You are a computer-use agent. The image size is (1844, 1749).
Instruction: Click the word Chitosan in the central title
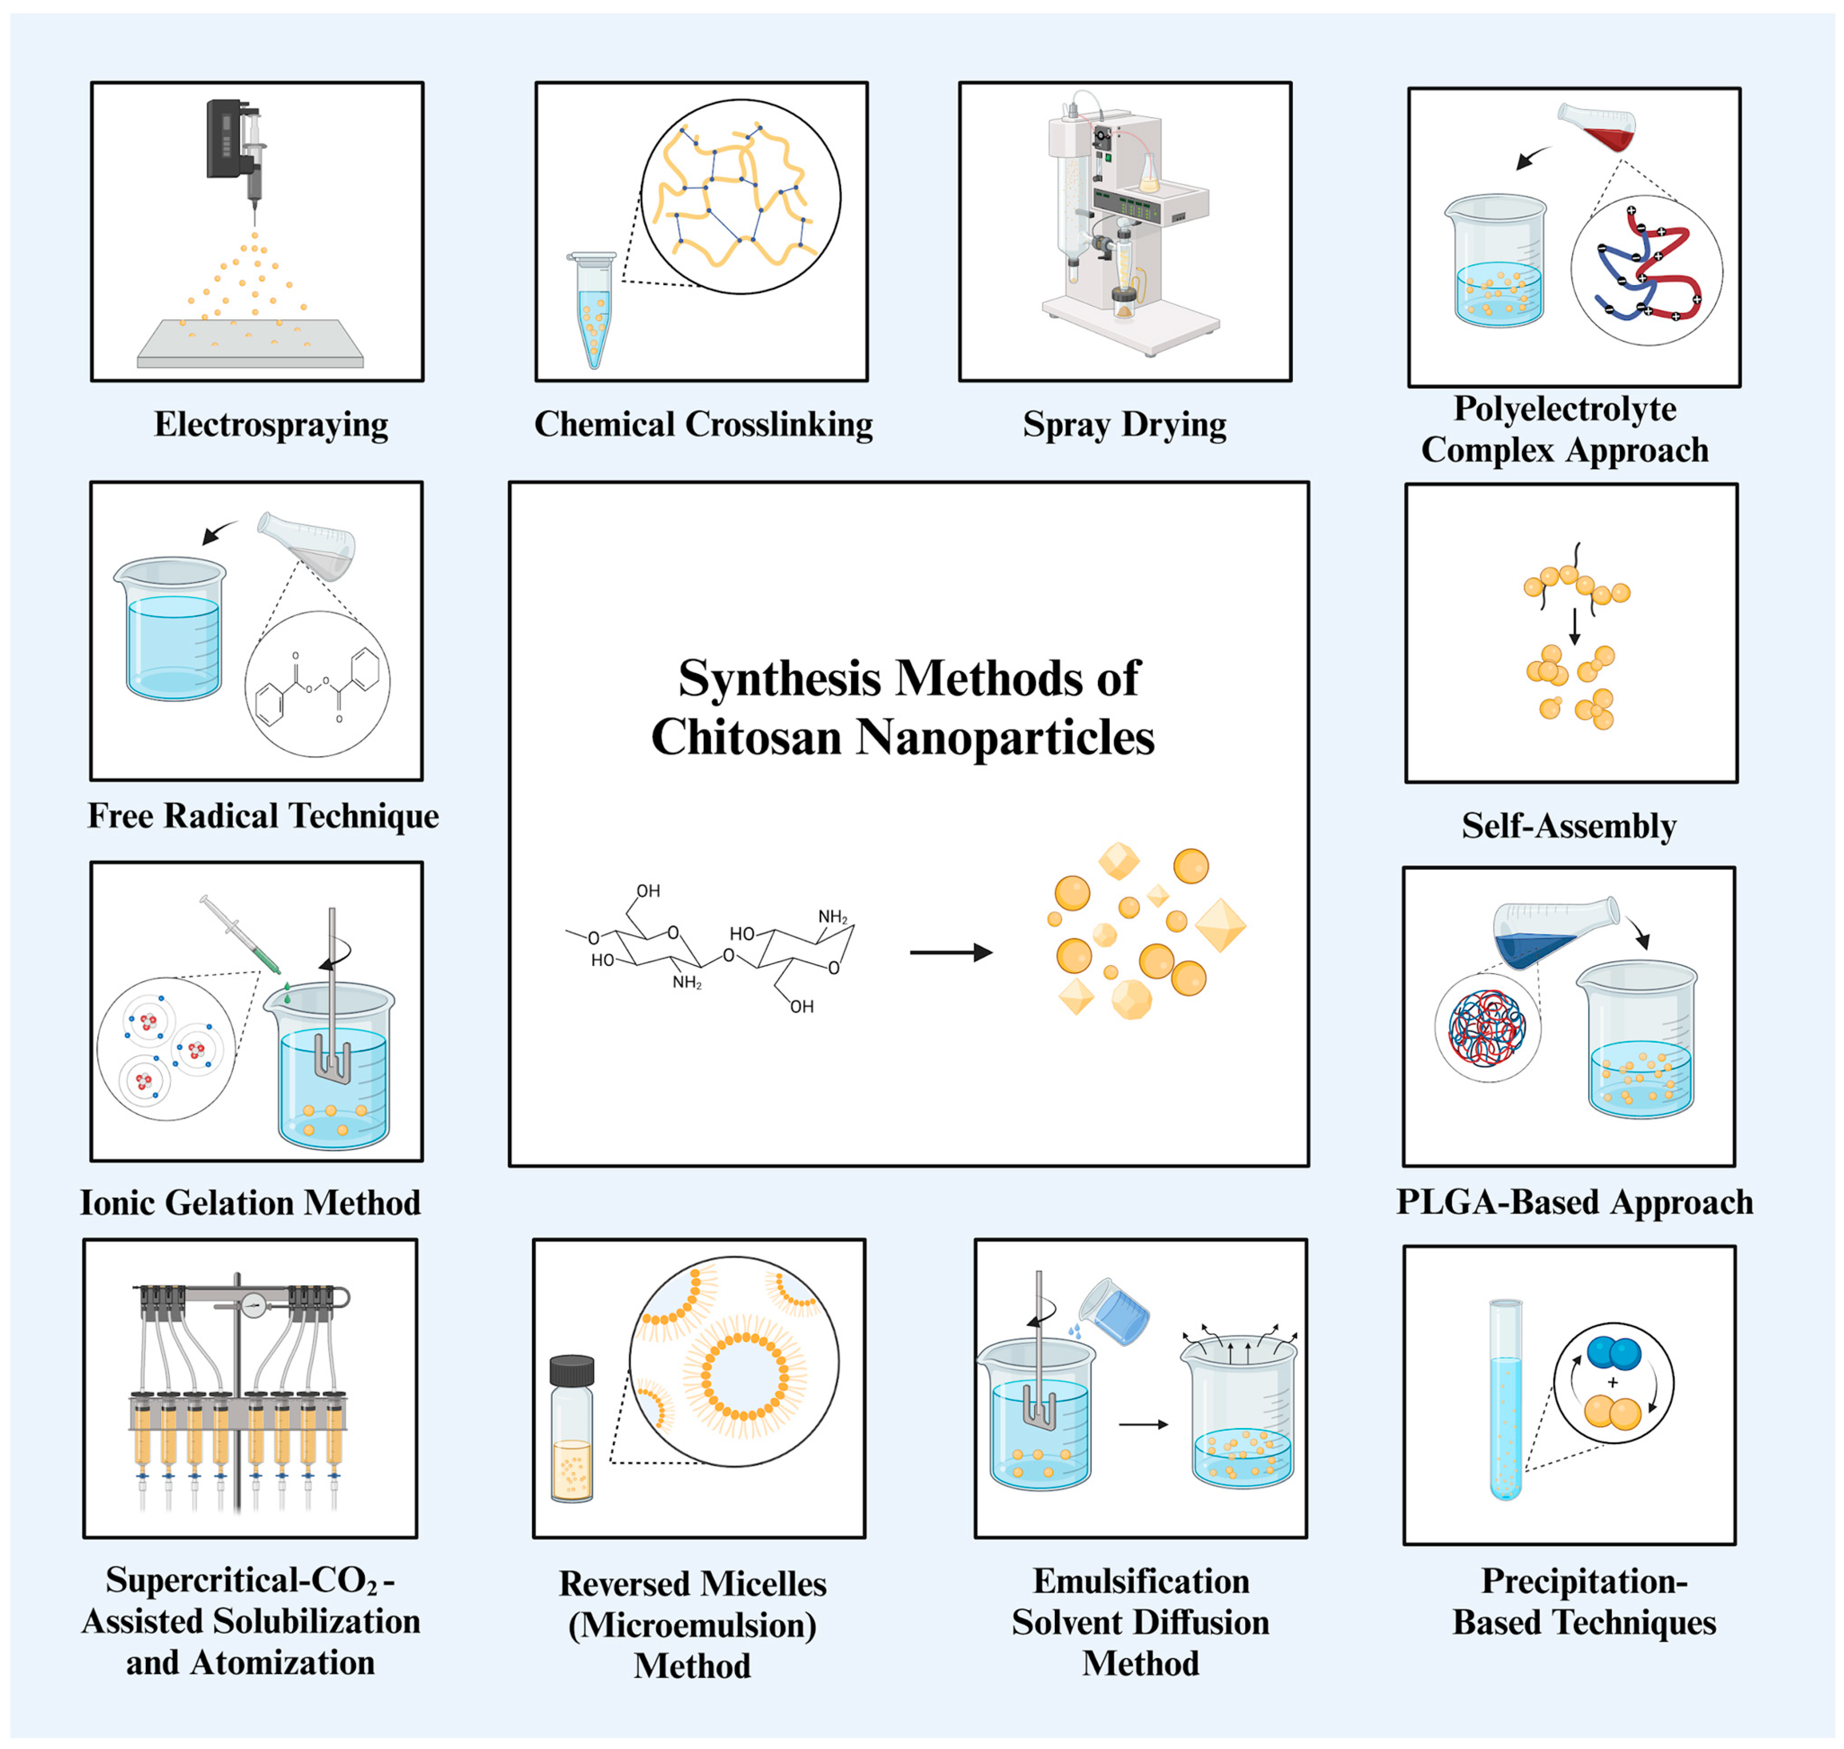(x=746, y=737)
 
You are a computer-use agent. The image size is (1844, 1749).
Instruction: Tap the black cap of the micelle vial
(x=571, y=1370)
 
